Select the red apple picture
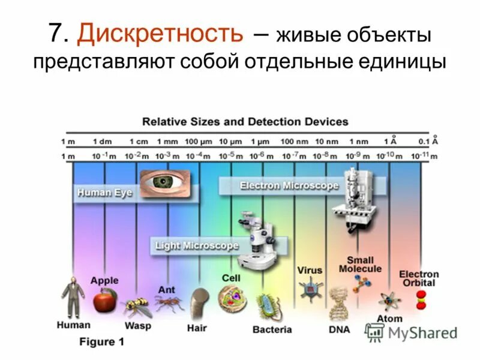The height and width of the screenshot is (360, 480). pos(105,299)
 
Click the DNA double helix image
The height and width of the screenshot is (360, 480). pos(340,304)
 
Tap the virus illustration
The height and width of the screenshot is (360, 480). pos(310,289)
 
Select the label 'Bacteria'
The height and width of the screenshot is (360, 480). pos(272,329)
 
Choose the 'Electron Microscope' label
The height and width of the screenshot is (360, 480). pos(289,186)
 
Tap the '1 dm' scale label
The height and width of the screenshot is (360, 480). pos(102,142)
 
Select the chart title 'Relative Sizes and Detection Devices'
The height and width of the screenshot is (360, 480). pos(245,122)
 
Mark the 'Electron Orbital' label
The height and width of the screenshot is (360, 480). pos(419,278)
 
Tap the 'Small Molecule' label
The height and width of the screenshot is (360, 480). pos(360,265)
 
